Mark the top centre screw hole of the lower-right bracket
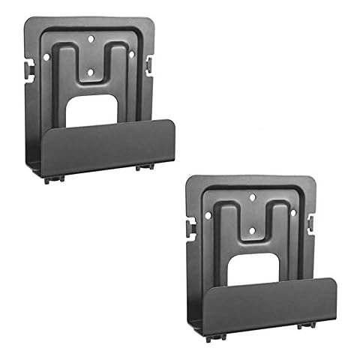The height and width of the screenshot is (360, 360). [253, 196]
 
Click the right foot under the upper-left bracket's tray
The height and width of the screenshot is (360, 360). [140, 166]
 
